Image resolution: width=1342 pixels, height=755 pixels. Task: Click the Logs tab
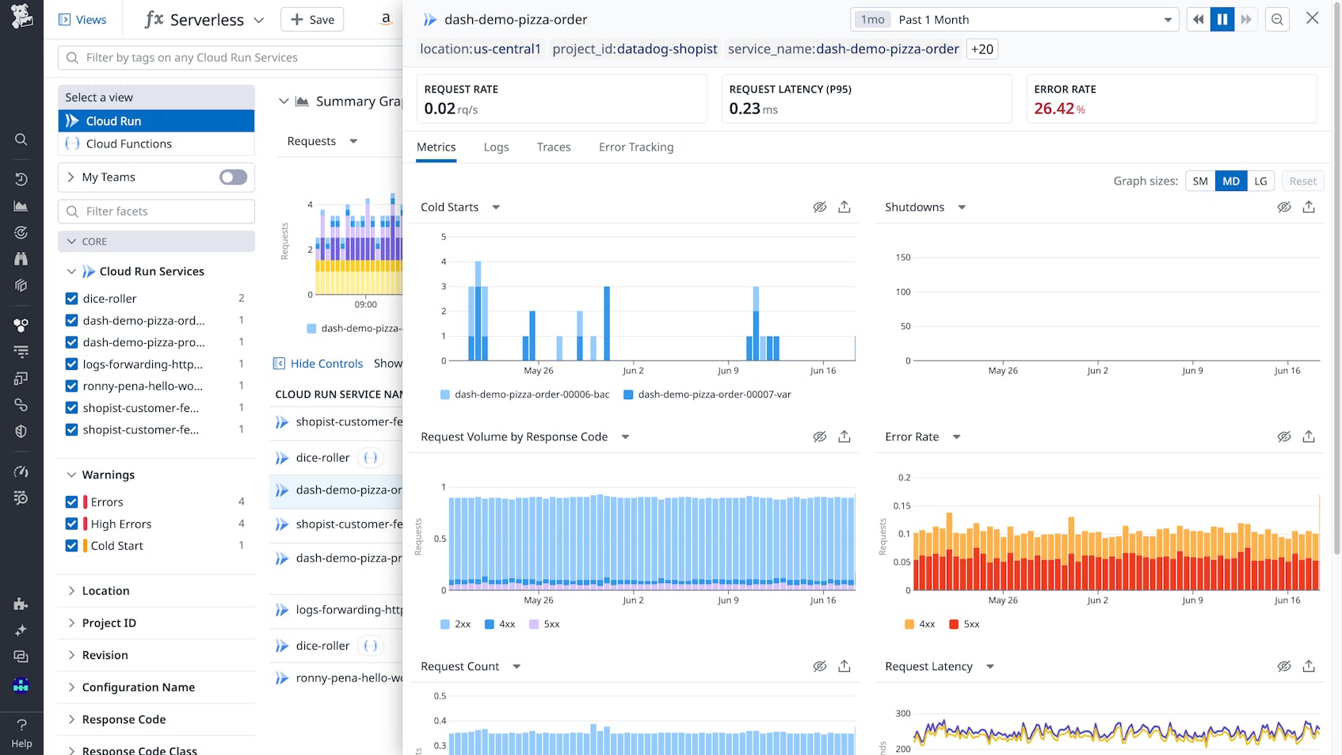[496, 147]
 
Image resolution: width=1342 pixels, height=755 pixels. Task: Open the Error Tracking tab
[635, 147]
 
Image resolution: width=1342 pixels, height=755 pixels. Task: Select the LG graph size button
[1260, 181]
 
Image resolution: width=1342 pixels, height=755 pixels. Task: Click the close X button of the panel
[1312, 18]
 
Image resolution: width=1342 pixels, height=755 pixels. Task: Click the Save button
[312, 20]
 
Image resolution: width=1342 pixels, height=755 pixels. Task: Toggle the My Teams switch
[233, 177]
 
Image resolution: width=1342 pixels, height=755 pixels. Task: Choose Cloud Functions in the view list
[128, 144]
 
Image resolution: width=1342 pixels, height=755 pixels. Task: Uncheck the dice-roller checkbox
[72, 299]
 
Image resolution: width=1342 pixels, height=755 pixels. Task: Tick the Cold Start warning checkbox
[72, 546]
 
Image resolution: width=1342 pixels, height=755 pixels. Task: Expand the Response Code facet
[124, 719]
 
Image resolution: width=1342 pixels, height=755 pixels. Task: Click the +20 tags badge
[982, 49]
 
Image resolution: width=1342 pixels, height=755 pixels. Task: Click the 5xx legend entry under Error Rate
[964, 624]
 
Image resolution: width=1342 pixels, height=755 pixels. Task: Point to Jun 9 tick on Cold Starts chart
[728, 370]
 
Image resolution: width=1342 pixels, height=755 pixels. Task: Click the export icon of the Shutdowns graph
[1309, 208]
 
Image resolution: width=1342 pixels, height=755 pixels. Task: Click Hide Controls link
[326, 364]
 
